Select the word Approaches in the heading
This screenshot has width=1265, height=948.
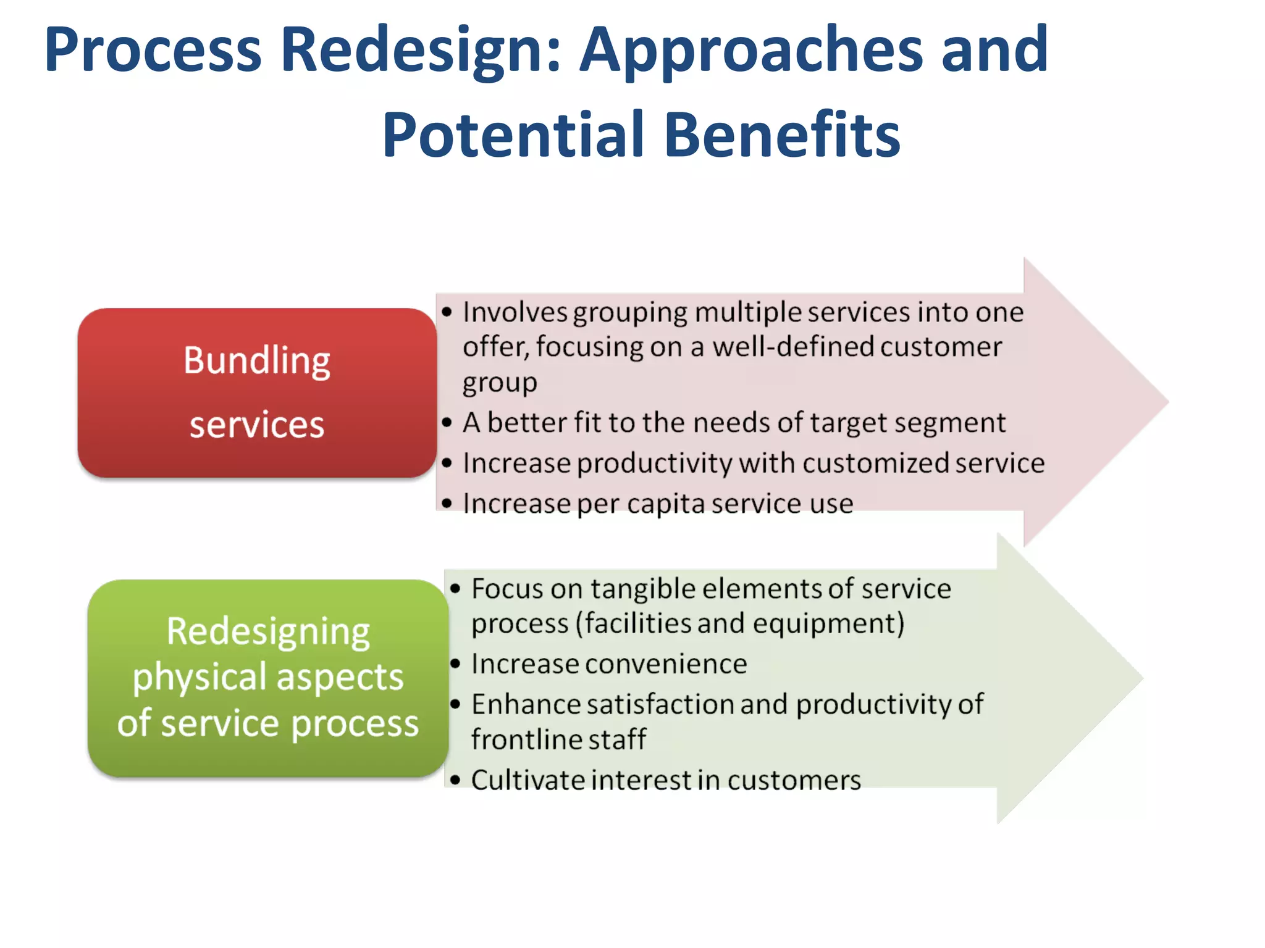[752, 51]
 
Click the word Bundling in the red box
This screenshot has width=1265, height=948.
[256, 361]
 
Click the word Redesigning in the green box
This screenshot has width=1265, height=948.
[268, 632]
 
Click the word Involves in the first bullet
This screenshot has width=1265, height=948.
[515, 312]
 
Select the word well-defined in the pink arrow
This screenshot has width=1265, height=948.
[794, 347]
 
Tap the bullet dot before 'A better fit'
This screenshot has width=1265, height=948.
[447, 423]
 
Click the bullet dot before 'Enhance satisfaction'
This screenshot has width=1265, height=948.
[456, 704]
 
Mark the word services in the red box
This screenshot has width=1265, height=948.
[256, 425]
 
